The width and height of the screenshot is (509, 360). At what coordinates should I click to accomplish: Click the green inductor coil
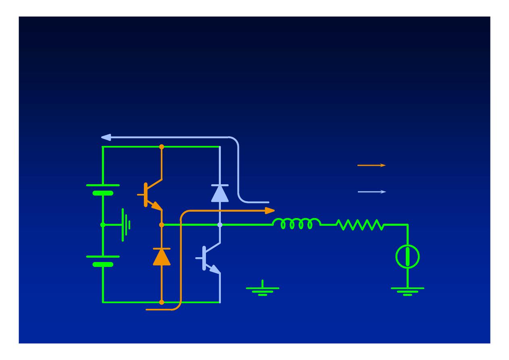[x=297, y=223]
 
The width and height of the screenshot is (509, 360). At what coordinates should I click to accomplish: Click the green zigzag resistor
[x=360, y=225]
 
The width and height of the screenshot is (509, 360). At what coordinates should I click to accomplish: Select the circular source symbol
[x=407, y=257]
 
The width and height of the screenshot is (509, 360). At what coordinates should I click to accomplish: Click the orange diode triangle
[x=162, y=257]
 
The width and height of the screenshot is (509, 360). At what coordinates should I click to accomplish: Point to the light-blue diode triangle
[x=220, y=193]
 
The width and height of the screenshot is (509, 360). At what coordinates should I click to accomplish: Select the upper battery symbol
[x=103, y=189]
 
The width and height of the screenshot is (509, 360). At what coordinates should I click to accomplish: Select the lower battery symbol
[x=103, y=260]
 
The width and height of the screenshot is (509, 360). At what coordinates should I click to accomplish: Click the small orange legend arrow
[x=371, y=165]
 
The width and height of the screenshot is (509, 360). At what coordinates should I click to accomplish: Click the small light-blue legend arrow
[x=372, y=192]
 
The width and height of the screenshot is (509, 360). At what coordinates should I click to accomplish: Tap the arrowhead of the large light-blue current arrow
[x=106, y=137]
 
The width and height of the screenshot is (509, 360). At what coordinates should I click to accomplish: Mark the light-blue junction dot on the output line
[x=220, y=225]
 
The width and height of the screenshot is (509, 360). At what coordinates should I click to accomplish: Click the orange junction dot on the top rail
[x=162, y=147]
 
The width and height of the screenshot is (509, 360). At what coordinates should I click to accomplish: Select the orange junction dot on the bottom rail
[x=162, y=302]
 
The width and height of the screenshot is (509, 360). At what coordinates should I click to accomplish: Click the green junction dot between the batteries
[x=103, y=225]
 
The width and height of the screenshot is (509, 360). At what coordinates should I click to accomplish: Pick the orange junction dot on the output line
[x=162, y=225]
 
